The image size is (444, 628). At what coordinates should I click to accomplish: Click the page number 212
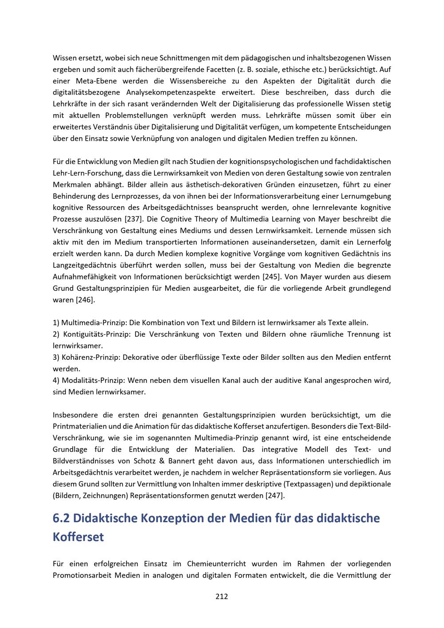pyautogui.click(x=222, y=596)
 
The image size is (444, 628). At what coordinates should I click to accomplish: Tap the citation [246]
pyautogui.click(x=85, y=300)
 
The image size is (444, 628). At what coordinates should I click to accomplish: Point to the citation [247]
pyautogui.click(x=275, y=495)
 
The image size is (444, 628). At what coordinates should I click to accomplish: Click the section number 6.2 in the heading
pyautogui.click(x=62, y=518)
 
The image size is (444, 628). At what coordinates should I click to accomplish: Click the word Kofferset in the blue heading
pyautogui.click(x=78, y=537)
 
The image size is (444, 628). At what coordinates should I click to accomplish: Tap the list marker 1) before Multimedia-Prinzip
pyautogui.click(x=56, y=323)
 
